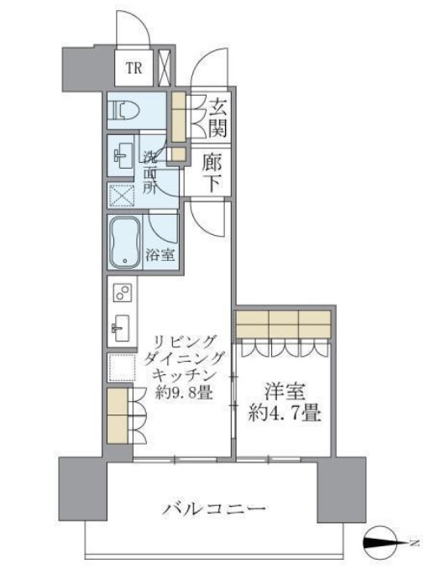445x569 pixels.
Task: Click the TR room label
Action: (134, 68)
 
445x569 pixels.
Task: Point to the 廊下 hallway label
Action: (212, 173)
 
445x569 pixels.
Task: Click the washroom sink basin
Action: (123, 156)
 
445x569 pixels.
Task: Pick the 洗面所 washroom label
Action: (150, 173)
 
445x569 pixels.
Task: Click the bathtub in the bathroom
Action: (124, 242)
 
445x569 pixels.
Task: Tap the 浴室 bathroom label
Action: (160, 255)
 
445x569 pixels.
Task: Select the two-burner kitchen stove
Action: (122, 293)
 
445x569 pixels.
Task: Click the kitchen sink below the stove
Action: (121, 327)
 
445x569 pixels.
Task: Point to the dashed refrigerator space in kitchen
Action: (122, 368)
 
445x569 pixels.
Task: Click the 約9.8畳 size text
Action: (184, 392)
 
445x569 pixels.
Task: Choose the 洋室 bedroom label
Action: (285, 391)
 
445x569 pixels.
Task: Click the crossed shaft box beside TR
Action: (165, 67)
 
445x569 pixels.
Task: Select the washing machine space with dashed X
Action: (122, 196)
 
